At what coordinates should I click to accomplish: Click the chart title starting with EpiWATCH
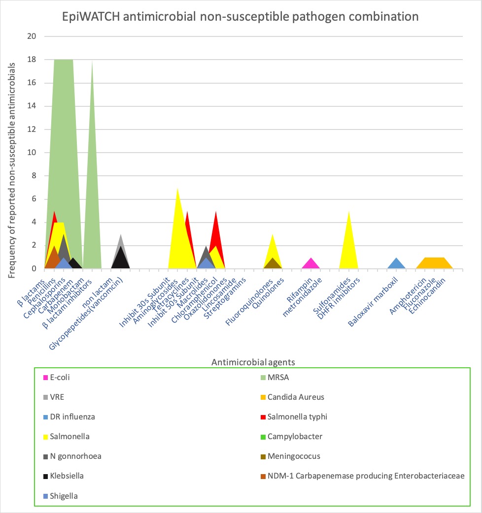[241, 16]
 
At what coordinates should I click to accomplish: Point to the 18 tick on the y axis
[32, 60]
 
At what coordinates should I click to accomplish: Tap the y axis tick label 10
[32, 153]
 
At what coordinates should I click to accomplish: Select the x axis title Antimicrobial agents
[253, 362]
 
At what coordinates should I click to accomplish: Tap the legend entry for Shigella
[64, 496]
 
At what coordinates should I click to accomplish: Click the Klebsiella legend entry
[66, 476]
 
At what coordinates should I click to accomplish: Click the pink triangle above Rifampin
[310, 264]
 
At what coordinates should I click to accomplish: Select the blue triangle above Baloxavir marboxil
[396, 264]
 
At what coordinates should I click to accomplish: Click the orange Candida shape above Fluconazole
[434, 263]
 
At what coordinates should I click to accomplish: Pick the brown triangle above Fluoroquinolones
[273, 263]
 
